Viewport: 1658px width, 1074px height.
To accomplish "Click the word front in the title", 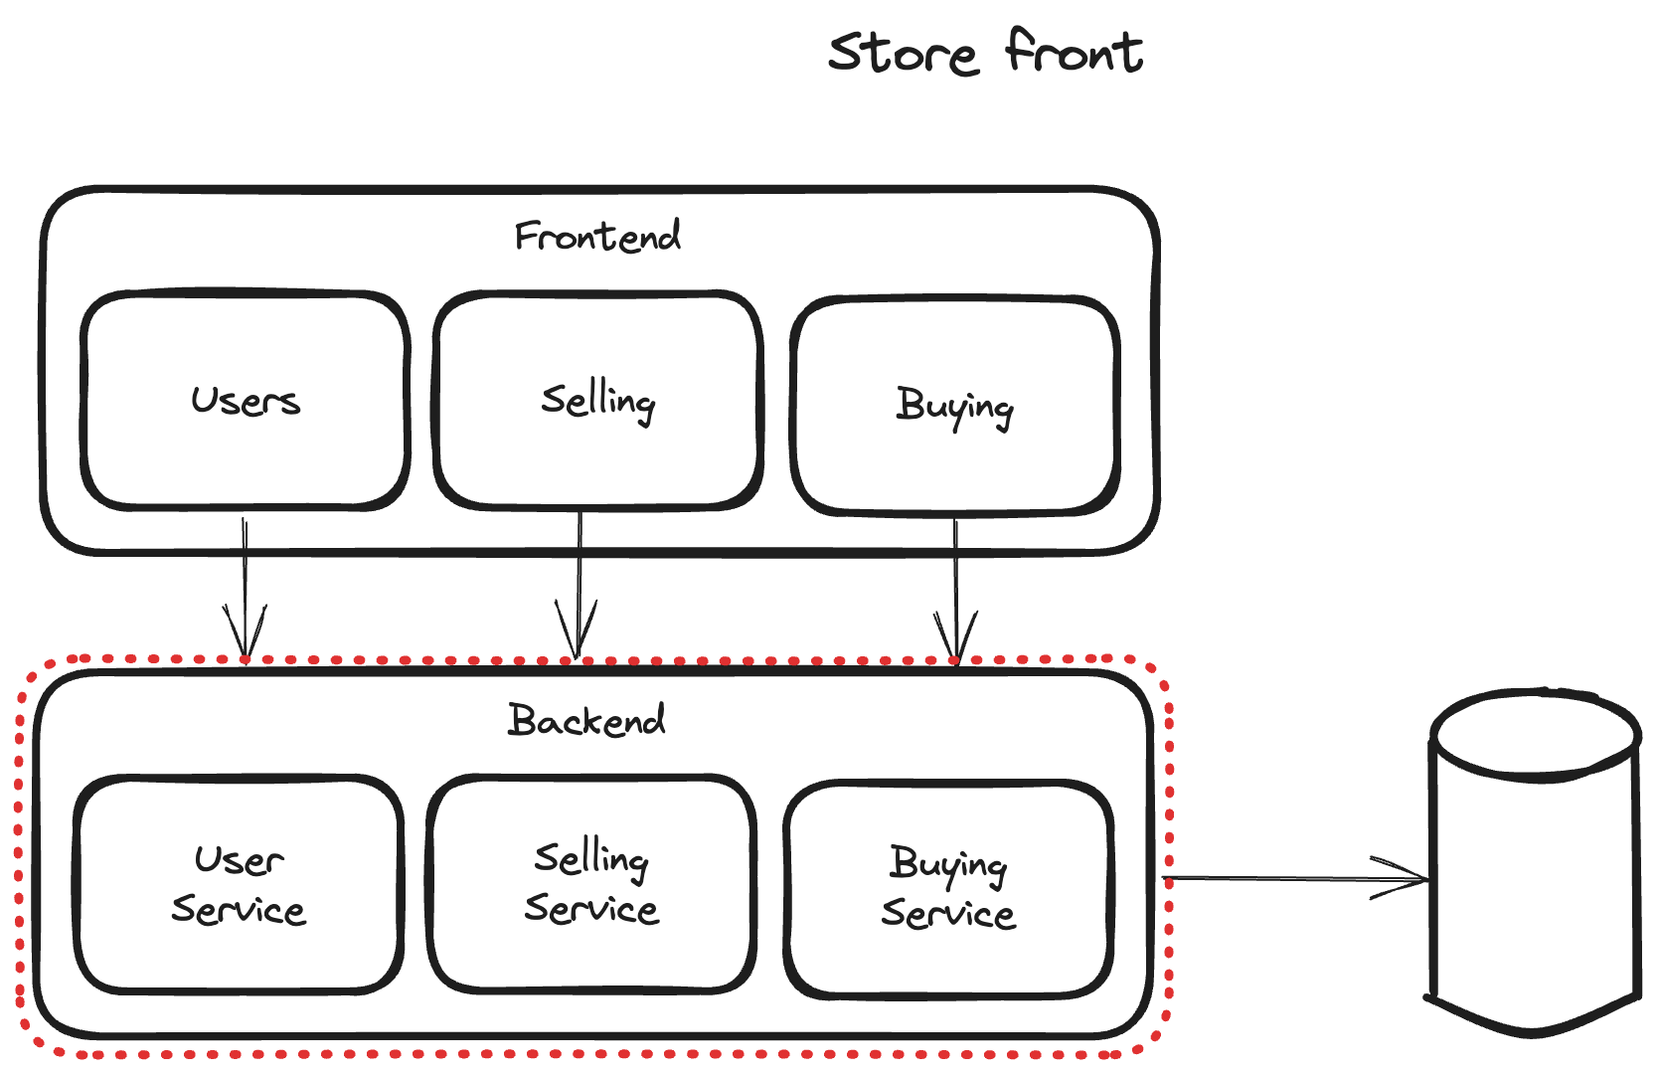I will click(x=1074, y=51).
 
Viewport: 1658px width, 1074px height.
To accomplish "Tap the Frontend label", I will click(x=597, y=237).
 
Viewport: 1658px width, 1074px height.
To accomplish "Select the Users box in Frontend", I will click(x=246, y=400).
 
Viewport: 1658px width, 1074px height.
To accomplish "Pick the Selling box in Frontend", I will click(x=597, y=400).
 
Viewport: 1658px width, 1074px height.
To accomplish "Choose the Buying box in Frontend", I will click(x=954, y=406).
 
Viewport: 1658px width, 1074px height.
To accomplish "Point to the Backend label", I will click(x=586, y=720).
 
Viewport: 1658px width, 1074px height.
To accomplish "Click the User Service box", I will click(x=239, y=884).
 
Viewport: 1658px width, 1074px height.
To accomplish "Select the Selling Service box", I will click(x=591, y=883).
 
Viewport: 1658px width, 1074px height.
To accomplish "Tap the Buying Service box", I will click(x=948, y=888).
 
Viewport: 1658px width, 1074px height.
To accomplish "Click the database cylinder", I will click(x=1534, y=875).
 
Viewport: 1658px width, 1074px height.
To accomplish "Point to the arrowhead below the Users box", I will click(x=245, y=636).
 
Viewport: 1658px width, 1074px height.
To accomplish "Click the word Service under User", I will click(x=239, y=910).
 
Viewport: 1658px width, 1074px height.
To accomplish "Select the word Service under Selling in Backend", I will click(x=591, y=909).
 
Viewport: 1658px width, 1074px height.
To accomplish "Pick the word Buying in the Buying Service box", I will click(x=948, y=864).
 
